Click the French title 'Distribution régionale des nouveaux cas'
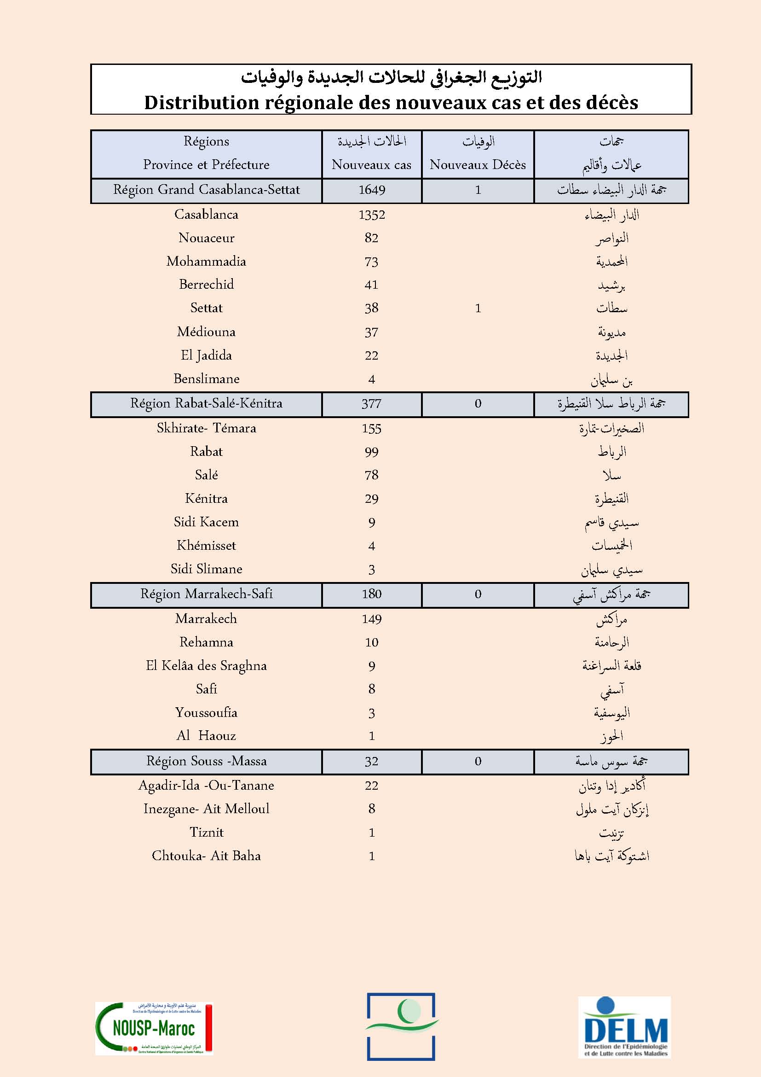click(391, 103)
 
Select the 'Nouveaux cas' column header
click(371, 165)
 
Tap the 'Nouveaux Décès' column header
click(478, 165)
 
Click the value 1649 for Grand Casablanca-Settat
click(372, 190)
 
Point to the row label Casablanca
click(206, 215)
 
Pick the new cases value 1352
click(372, 215)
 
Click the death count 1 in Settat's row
click(478, 308)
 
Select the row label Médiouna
click(206, 332)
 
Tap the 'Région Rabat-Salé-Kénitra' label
click(206, 403)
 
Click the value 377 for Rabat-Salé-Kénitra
click(371, 404)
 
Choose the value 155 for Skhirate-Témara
click(372, 429)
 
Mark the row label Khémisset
click(206, 546)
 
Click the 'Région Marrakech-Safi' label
click(206, 594)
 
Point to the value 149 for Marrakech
click(372, 619)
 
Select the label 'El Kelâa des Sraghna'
click(206, 666)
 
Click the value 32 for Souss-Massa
click(371, 761)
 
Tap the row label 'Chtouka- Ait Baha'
click(206, 856)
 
